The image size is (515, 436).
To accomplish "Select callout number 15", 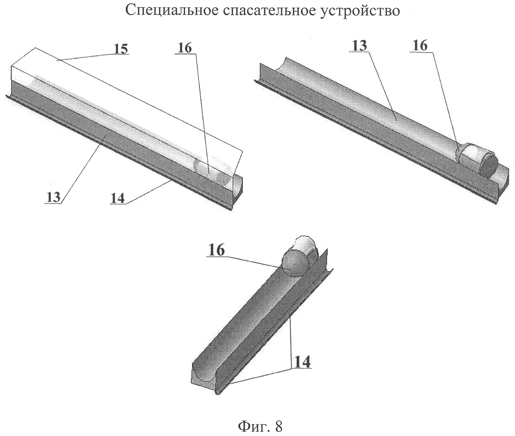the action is tap(121, 49).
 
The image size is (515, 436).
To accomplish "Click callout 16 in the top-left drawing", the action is tap(185, 48).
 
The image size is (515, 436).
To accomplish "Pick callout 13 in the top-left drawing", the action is tap(54, 197).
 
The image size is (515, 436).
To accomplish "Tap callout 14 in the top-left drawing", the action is tap(117, 198).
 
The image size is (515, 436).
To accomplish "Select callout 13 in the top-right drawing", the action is tap(360, 46).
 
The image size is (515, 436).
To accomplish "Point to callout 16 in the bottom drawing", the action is tap(217, 250).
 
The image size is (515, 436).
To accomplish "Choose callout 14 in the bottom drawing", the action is tap(303, 362).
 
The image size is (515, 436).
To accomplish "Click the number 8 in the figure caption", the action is tap(278, 426).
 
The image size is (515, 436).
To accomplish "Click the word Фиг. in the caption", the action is tap(253, 427).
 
